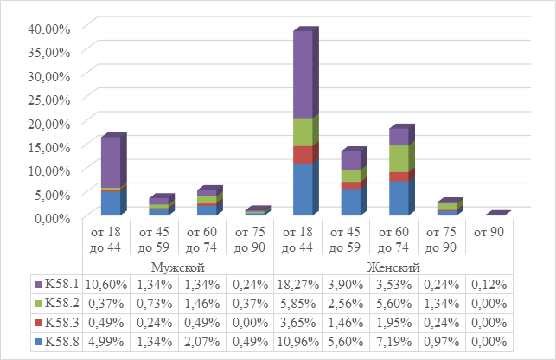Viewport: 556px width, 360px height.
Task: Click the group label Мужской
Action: coord(177,267)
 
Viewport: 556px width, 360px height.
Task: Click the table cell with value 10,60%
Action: coord(105,283)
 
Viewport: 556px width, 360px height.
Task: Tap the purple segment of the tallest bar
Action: coord(303,76)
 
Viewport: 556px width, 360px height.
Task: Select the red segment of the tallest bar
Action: coord(303,155)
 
